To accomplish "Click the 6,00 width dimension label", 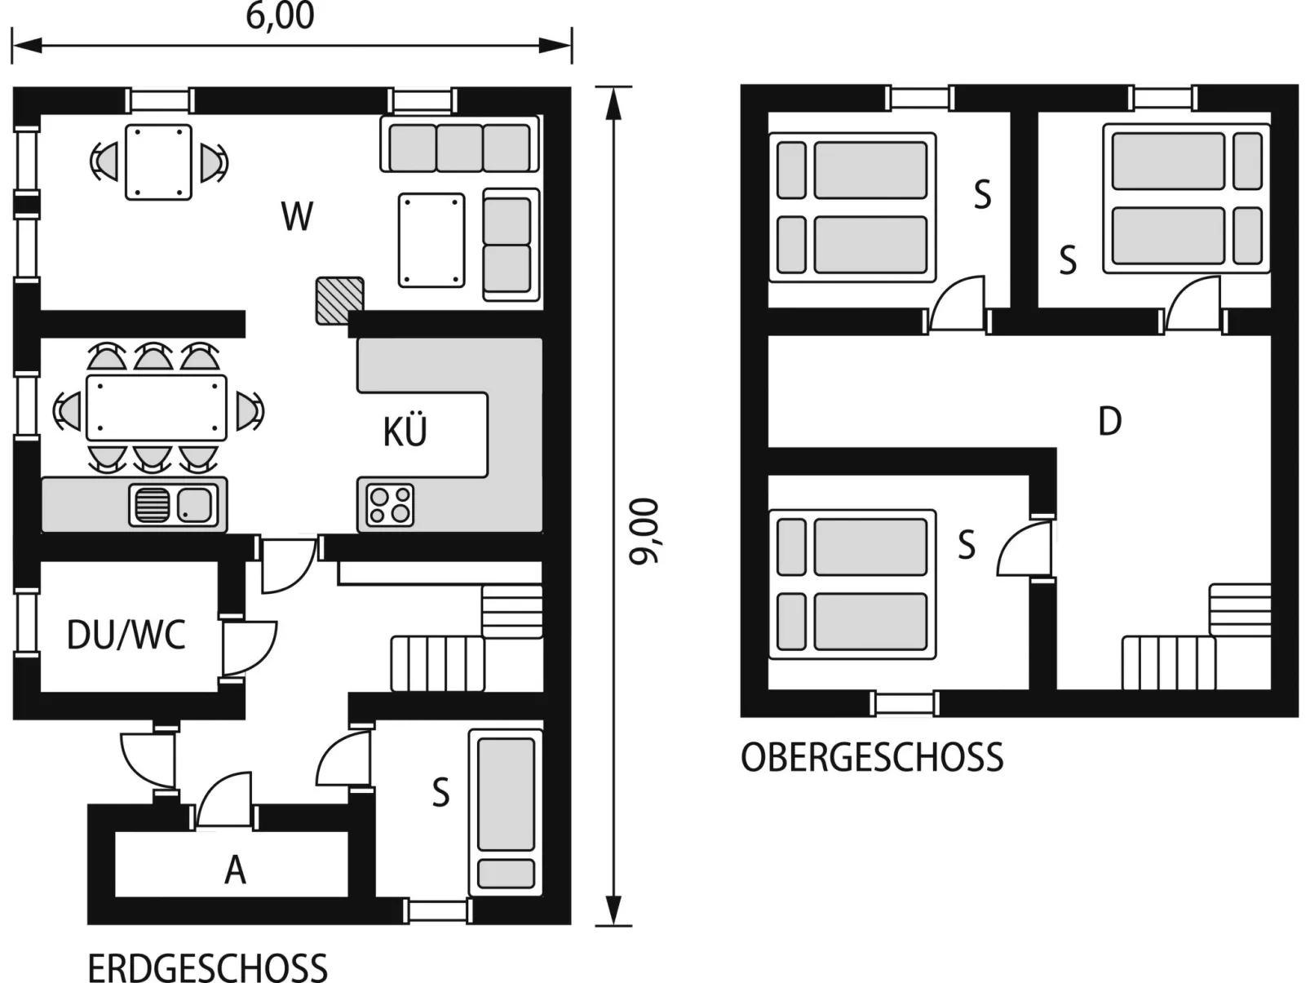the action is [x=280, y=16].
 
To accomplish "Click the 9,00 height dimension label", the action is [x=644, y=530].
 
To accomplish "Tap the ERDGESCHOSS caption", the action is [x=208, y=968].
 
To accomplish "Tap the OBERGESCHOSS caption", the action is [x=872, y=758].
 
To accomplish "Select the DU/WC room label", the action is [x=126, y=635].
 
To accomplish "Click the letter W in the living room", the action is [x=297, y=217].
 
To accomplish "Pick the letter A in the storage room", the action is [x=235, y=870].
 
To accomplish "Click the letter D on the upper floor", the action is [x=1109, y=422].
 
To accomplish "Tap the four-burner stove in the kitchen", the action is [x=391, y=505].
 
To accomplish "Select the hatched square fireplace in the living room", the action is [x=339, y=301].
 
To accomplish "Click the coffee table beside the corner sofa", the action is [x=432, y=240].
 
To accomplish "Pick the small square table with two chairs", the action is [x=158, y=162].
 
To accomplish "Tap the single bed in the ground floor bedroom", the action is [x=506, y=813].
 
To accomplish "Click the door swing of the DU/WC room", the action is [x=250, y=649].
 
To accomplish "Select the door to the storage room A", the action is [x=224, y=799].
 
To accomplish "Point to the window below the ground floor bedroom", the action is [x=437, y=910].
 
